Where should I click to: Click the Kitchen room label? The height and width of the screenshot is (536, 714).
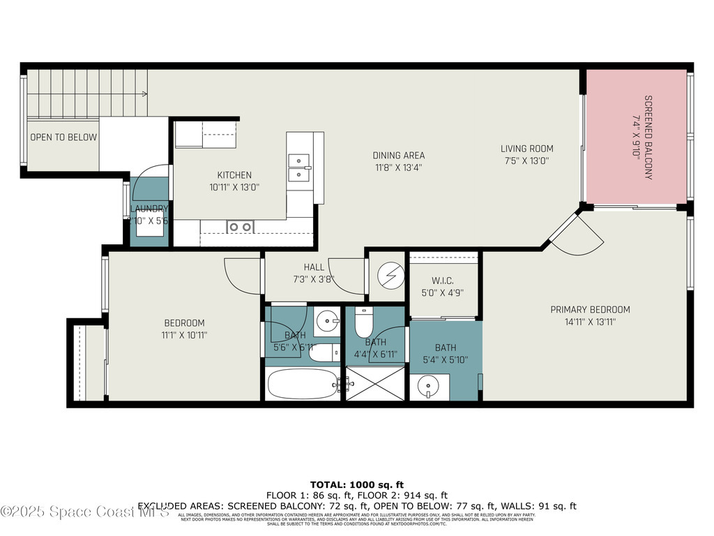(x=234, y=175)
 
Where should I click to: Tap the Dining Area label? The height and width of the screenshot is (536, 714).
(x=398, y=156)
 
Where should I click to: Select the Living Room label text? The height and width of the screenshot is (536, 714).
(x=526, y=149)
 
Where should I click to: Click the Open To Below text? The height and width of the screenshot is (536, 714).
(x=63, y=137)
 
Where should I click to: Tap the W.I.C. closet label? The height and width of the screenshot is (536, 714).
(x=443, y=282)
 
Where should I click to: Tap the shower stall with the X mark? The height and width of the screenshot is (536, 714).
(x=375, y=384)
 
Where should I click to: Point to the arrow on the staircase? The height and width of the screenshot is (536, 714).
(x=144, y=94)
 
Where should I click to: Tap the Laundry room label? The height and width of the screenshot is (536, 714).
(x=149, y=209)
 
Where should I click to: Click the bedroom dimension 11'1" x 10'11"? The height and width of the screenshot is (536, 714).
(x=184, y=335)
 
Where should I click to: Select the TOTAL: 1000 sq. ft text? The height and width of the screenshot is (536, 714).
(x=357, y=484)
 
